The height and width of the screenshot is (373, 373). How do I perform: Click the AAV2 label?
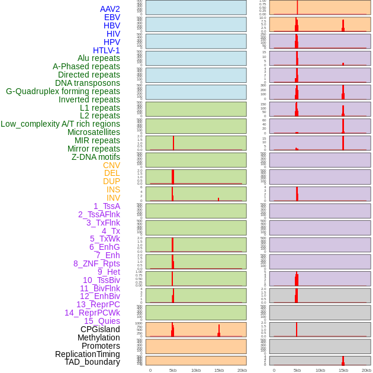pos(110,9)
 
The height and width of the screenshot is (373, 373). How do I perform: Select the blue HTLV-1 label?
pos(106,50)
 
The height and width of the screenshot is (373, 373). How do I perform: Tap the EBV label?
pos(112,17)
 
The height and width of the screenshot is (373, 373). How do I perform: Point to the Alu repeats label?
pos(98,58)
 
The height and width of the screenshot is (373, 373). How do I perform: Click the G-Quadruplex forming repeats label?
pos(63,91)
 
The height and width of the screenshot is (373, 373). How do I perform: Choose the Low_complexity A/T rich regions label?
pos(60,124)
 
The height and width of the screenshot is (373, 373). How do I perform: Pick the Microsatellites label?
pos(94,132)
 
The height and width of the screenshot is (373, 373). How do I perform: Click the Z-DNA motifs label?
pos(96,157)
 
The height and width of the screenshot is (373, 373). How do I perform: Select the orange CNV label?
pos(111,165)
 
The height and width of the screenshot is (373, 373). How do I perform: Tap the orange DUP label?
pos(111,181)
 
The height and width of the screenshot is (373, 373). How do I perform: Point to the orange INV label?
pos(113,198)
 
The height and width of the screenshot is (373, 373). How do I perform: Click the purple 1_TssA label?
pos(107,206)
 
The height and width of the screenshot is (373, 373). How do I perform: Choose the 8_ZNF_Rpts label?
pos(97,263)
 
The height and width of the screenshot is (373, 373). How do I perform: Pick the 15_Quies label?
pos(102,321)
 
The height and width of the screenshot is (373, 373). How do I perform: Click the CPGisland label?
pos(100,329)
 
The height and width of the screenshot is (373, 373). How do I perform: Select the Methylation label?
pos(98,337)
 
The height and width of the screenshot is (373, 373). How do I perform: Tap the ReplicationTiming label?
pos(87,354)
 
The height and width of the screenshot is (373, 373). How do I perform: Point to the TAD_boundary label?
pos(92,362)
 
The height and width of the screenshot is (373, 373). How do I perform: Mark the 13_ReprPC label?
pos(98,304)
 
